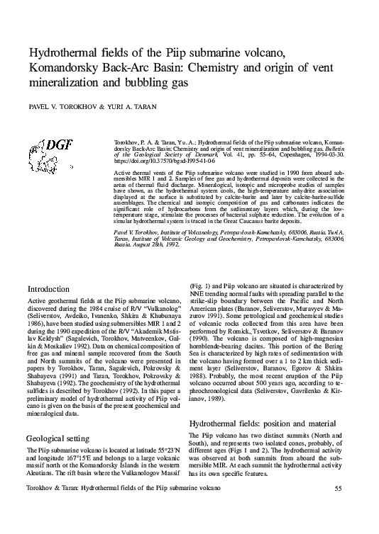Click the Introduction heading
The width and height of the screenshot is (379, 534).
[48, 289]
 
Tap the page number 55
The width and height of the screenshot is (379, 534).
[339, 509]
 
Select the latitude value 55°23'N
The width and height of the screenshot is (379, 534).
[160, 430]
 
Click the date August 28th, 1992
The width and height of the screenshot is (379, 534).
[150, 253]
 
